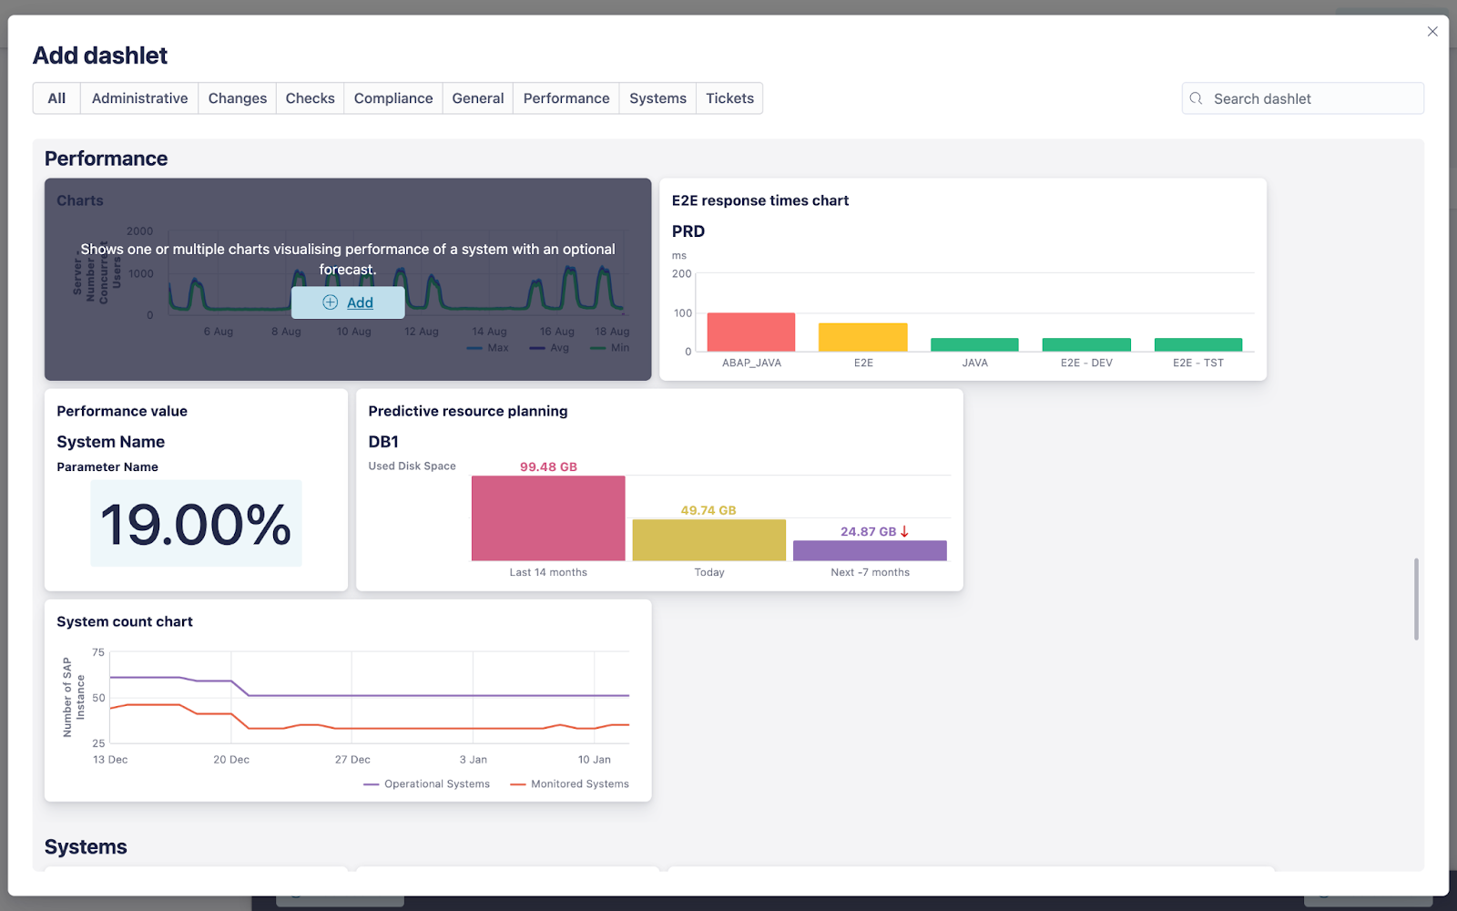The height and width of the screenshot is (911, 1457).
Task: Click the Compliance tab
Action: point(393,98)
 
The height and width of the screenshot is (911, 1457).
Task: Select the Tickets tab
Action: point(729,98)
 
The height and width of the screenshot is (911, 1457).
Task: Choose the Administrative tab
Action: point(139,98)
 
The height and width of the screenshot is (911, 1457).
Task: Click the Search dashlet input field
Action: point(1311,98)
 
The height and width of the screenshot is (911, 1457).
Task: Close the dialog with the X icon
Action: point(1432,32)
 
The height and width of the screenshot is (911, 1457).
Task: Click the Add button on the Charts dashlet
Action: point(348,302)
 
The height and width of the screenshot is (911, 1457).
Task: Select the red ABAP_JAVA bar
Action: point(751,333)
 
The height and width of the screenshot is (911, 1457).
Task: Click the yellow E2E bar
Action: point(863,337)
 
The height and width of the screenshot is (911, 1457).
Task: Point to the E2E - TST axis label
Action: point(1198,363)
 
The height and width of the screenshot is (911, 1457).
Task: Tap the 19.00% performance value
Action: point(196,524)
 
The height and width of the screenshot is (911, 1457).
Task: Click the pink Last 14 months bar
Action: point(548,518)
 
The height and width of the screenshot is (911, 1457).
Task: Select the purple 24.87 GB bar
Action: point(870,550)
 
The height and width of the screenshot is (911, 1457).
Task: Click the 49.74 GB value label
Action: point(708,510)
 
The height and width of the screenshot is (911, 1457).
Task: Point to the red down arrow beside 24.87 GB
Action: point(904,531)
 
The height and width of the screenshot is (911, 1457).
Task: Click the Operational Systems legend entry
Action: point(427,783)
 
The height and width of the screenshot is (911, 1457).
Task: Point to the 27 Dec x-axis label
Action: point(352,759)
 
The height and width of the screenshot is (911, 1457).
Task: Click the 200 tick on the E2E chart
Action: point(682,273)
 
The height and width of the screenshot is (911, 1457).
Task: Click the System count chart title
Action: point(125,621)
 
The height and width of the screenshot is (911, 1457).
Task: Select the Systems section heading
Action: point(86,846)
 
